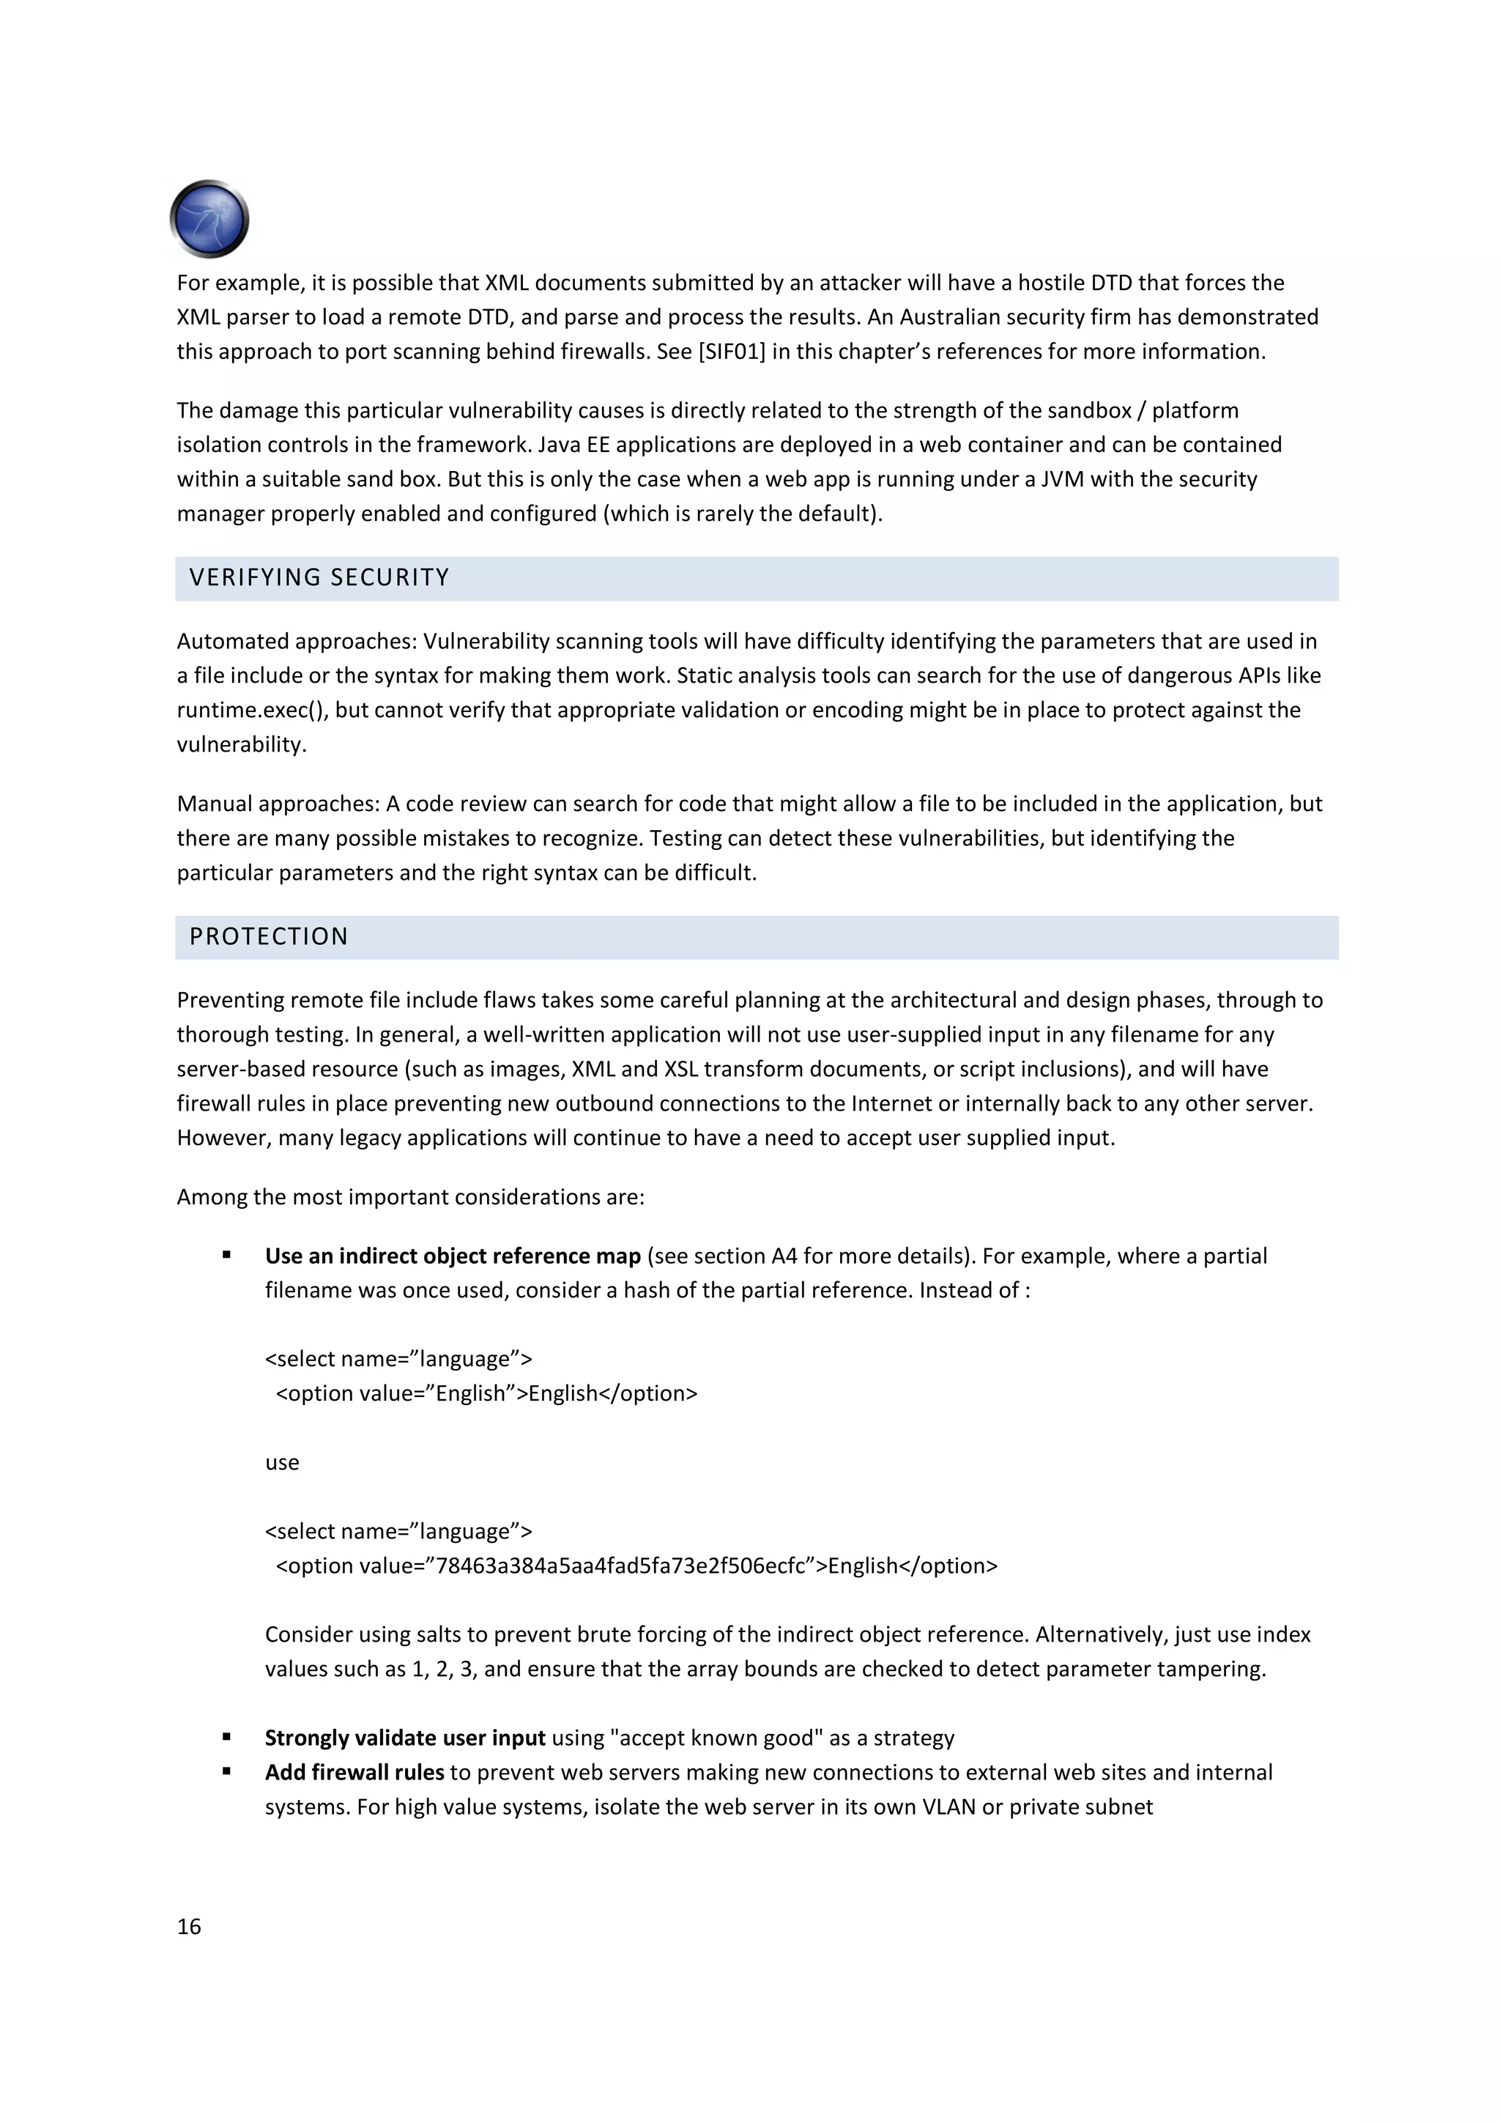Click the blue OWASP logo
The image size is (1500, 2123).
tap(209, 219)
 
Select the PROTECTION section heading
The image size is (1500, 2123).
tap(268, 937)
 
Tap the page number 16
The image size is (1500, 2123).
tap(188, 1926)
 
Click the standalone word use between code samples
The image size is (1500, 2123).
tap(282, 1463)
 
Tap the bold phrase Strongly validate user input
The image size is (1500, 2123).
tap(405, 1738)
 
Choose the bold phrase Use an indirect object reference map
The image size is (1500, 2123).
tap(452, 1256)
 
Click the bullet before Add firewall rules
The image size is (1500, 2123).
tap(226, 1771)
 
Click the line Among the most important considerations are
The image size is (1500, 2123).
tap(410, 1198)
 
